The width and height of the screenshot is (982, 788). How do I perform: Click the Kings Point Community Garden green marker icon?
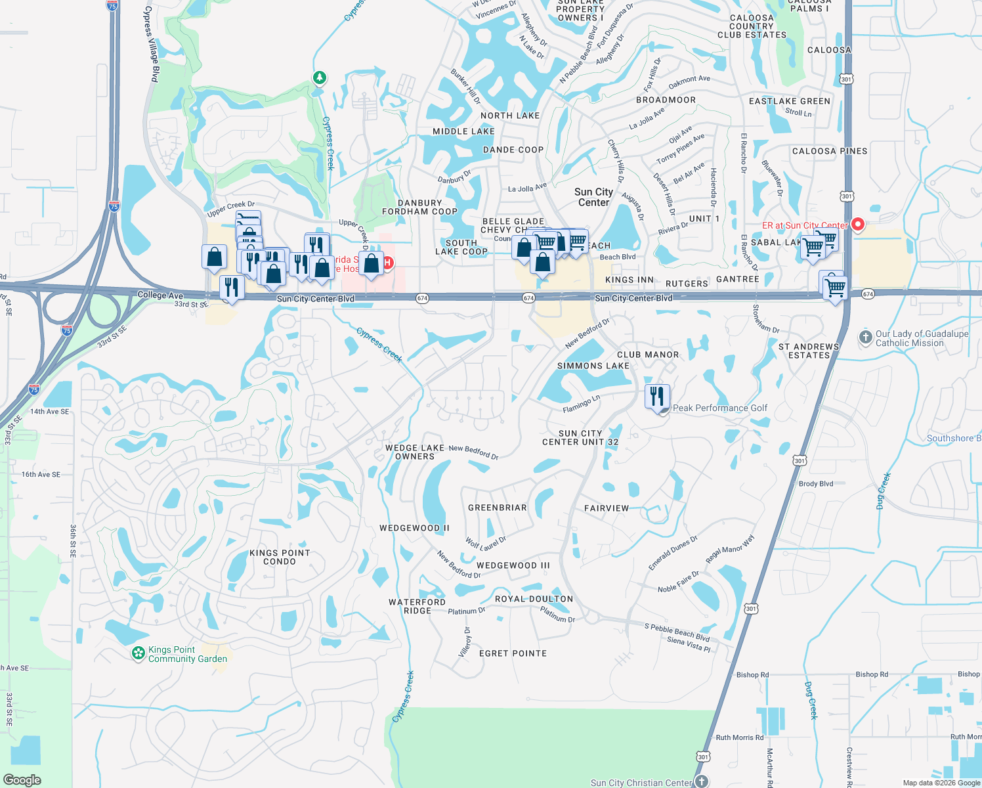click(138, 653)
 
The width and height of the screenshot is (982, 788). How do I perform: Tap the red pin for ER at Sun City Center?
click(857, 225)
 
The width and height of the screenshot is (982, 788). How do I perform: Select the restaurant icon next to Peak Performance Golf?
click(657, 397)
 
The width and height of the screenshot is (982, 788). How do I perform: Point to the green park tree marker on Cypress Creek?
click(319, 78)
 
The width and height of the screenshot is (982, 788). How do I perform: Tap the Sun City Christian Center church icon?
click(702, 781)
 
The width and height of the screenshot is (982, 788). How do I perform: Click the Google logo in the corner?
click(22, 780)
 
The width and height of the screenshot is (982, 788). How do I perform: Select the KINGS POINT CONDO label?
click(280, 557)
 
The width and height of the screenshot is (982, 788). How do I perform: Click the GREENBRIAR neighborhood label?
click(498, 508)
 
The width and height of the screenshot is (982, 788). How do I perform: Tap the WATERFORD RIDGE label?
click(417, 606)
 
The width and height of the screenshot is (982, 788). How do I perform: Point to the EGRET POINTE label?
click(513, 653)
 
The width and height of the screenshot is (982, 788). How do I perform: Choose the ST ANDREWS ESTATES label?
click(809, 351)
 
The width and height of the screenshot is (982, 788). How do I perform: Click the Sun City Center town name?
click(593, 197)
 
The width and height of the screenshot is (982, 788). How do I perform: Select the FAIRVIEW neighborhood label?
click(607, 508)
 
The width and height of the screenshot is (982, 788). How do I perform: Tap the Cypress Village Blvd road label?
click(152, 45)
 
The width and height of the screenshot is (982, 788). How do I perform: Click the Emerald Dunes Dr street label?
click(673, 554)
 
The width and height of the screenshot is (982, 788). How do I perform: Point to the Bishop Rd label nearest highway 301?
click(752, 674)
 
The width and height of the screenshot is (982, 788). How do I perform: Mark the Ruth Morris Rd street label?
click(740, 737)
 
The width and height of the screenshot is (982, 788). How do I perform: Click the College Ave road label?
click(160, 295)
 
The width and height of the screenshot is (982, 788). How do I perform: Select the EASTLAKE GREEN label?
click(790, 101)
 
